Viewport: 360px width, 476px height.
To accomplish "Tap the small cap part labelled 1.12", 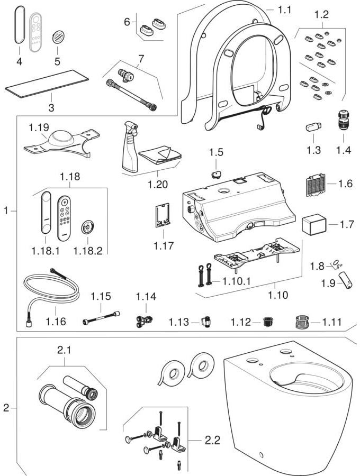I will click(268, 322).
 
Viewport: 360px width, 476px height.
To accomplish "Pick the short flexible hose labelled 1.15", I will click(101, 319).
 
